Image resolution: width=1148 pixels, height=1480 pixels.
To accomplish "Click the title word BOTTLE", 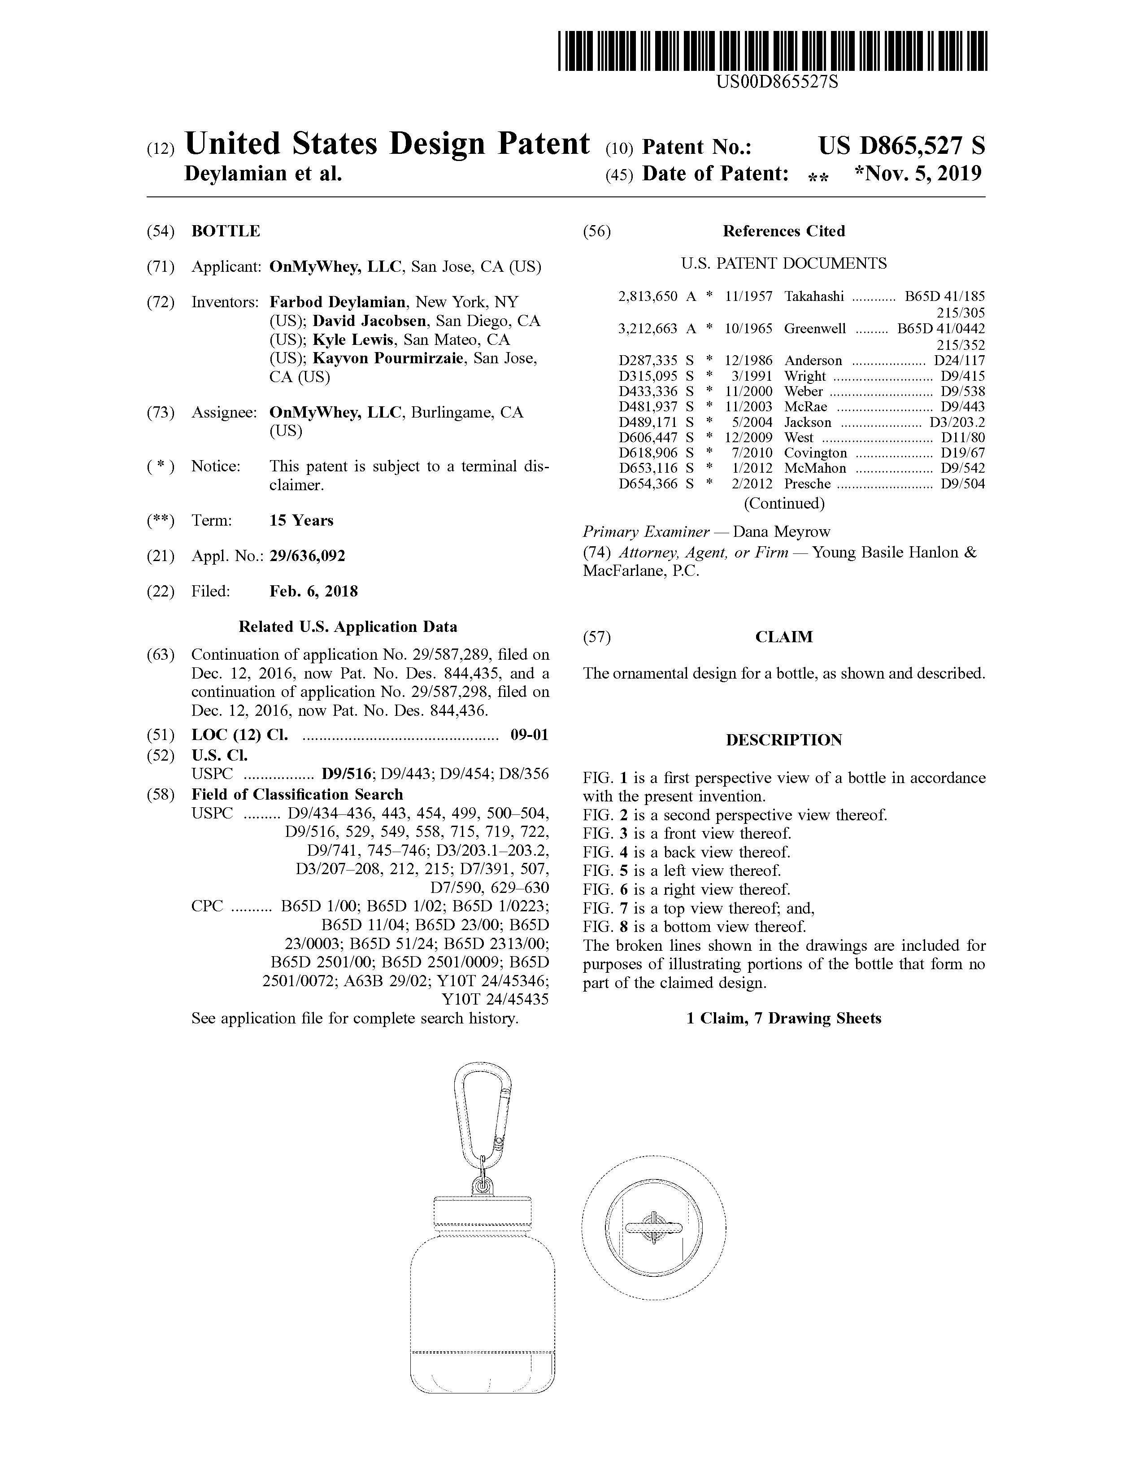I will (x=226, y=231).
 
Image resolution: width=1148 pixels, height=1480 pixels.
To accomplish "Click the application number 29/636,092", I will (x=307, y=556).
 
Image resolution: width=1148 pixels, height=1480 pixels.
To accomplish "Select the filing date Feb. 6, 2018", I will (x=314, y=591).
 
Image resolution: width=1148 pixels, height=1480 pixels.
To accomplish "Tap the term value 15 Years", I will (x=301, y=520).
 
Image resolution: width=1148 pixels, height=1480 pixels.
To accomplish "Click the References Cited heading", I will (x=783, y=231).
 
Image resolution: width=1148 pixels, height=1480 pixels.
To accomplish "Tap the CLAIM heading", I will (x=783, y=637).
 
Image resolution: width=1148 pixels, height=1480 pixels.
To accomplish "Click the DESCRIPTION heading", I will (x=783, y=740).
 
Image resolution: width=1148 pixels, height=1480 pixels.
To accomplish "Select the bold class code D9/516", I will (x=348, y=774).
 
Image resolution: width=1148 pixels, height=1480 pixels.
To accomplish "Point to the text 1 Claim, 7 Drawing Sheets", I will (x=783, y=1019).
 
